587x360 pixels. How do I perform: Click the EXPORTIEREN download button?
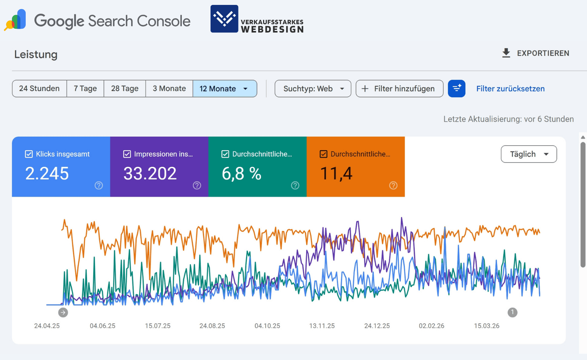coord(535,53)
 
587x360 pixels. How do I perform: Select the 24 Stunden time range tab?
coord(39,88)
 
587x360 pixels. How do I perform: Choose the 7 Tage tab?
coord(85,88)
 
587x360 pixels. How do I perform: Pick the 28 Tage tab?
coord(124,88)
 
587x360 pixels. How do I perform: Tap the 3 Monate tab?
coord(169,88)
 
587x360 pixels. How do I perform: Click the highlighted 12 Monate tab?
coord(225,88)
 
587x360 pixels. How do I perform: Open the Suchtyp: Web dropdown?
coord(313,88)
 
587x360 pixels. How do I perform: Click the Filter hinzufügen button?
coord(399,88)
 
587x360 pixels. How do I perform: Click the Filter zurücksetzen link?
coord(510,88)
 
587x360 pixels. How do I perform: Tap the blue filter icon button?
coord(457,88)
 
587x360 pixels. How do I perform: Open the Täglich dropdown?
coord(528,154)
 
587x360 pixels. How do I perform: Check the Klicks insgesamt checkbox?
coord(29,154)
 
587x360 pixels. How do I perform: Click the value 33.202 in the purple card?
coord(150,174)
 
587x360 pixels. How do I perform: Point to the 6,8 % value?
coord(242,174)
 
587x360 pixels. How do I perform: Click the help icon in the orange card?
coord(393,185)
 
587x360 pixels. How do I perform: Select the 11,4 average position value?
coord(336,174)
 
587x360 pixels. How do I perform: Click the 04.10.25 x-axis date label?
coord(267,326)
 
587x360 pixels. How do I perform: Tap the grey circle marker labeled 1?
coord(512,312)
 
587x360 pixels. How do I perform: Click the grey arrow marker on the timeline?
coord(63,312)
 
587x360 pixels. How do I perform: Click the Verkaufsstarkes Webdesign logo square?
coord(224,19)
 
